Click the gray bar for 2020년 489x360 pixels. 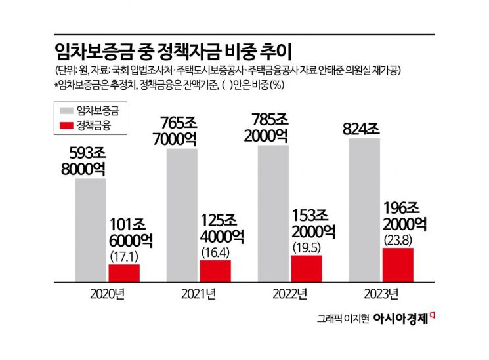(x=91, y=230)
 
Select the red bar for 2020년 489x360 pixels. (x=124, y=273)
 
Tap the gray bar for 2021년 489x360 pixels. (x=182, y=215)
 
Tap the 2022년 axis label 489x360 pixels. (x=289, y=292)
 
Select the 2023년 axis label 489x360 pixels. (x=381, y=292)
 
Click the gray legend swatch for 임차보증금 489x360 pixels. (x=64, y=109)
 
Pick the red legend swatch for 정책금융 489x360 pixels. (x=64, y=124)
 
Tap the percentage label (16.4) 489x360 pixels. (x=215, y=251)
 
